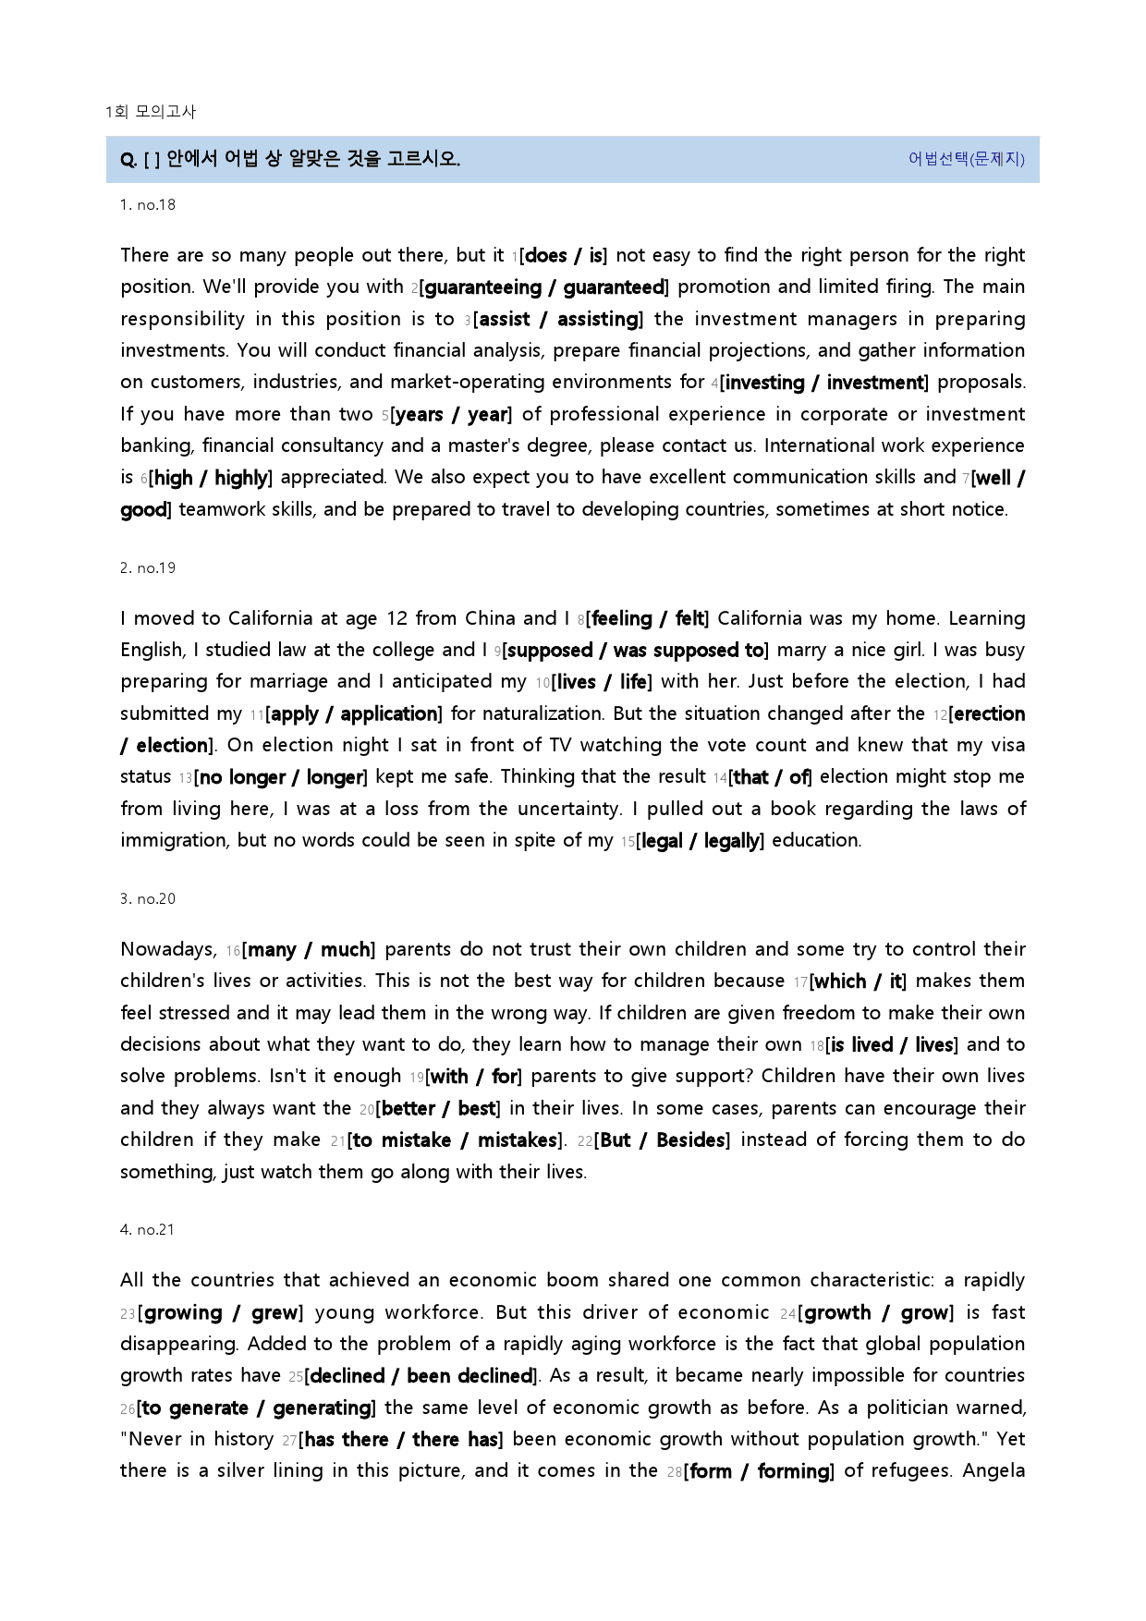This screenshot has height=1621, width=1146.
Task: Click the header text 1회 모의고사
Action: pyautogui.click(x=151, y=112)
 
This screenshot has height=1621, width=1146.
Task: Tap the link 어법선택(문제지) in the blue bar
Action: pyautogui.click(x=966, y=159)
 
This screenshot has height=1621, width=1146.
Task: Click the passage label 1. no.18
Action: pyautogui.click(x=148, y=205)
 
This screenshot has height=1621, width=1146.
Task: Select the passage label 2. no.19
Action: pyautogui.click(x=148, y=568)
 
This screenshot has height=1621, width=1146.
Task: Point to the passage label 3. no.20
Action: pyautogui.click(x=148, y=899)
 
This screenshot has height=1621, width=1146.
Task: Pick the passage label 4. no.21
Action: pyautogui.click(x=148, y=1230)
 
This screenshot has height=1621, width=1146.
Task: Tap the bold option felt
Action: pyautogui.click(x=689, y=619)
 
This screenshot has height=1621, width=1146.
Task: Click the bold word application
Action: pyautogui.click(x=389, y=714)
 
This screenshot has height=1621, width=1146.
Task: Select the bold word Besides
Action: pyautogui.click(x=689, y=1140)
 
